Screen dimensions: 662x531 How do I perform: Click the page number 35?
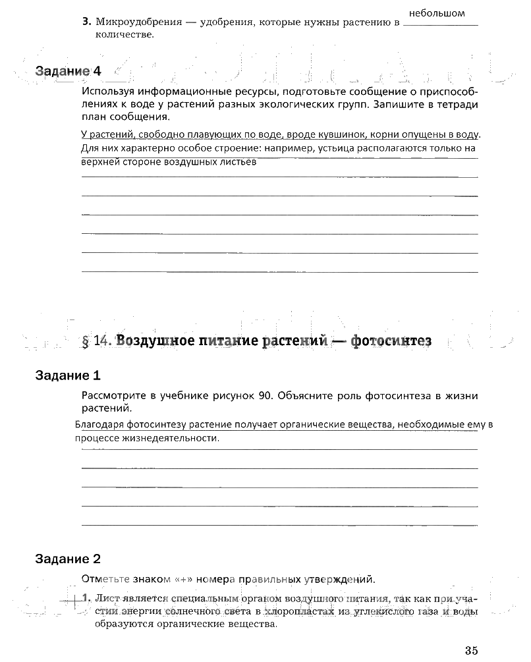tap(470, 650)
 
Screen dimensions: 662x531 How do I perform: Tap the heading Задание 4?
tap(69, 70)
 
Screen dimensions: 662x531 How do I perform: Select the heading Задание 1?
tap(68, 376)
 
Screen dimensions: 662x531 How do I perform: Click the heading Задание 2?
tap(68, 559)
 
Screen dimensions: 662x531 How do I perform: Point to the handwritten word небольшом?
tap(437, 13)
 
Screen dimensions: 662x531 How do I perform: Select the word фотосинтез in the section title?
tap(391, 341)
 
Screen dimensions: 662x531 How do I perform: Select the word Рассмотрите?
tap(113, 396)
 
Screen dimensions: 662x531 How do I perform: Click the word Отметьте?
tap(103, 580)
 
